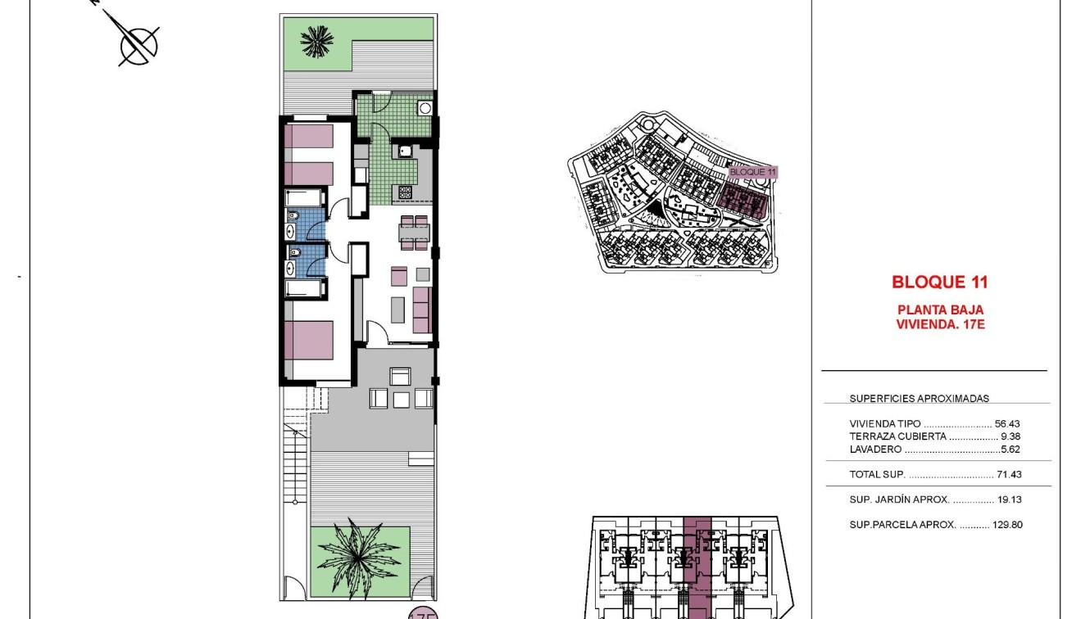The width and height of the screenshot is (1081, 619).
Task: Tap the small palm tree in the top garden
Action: [x=317, y=40]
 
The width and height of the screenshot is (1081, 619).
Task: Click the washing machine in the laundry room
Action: [x=425, y=108]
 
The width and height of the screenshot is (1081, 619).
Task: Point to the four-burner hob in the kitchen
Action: [x=406, y=192]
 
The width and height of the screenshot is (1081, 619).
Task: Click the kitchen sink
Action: [x=406, y=151]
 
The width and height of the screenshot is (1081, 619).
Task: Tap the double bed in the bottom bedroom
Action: [x=310, y=340]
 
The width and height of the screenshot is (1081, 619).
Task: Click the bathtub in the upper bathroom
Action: [x=305, y=198]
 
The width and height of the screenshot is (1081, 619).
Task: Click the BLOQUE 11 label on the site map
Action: [x=752, y=172]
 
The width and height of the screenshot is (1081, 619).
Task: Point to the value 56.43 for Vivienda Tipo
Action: [x=1007, y=424]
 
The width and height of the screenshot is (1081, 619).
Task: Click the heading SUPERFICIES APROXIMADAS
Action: [x=919, y=399]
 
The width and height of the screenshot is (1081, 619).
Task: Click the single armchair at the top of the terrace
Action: [x=401, y=376]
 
